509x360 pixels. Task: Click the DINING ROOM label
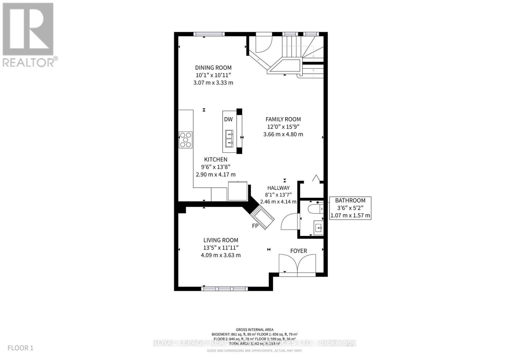coord(213,68)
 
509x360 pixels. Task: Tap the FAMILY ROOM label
coord(283,119)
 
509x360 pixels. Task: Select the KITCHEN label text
coord(216,160)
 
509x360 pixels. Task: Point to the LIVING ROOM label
coord(221,240)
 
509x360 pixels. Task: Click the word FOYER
coord(298,251)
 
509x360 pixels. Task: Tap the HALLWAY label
coord(278,188)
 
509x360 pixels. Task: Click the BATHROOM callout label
coord(350,200)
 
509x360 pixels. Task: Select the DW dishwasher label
coord(228,120)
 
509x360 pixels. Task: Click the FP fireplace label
coord(255,226)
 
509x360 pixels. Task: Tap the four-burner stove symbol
coord(186,140)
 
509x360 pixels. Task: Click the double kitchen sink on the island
coord(229,139)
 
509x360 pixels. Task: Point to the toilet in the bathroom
coord(315,209)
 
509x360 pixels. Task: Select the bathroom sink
coord(318,228)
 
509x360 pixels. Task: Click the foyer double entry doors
coord(297,264)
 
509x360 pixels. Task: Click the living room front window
coord(225,288)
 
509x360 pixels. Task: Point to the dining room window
coord(209,34)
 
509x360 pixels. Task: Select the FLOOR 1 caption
coord(20,348)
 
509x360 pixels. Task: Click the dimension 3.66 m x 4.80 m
coord(283,134)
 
